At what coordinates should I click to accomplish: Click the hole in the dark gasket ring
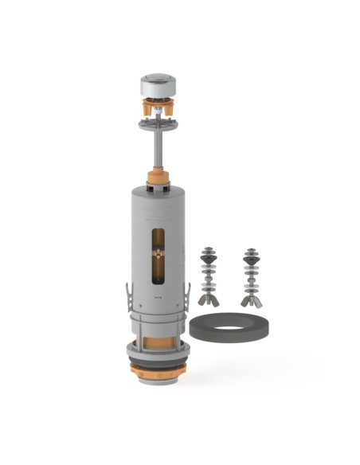pyautogui.click(x=232, y=328)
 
